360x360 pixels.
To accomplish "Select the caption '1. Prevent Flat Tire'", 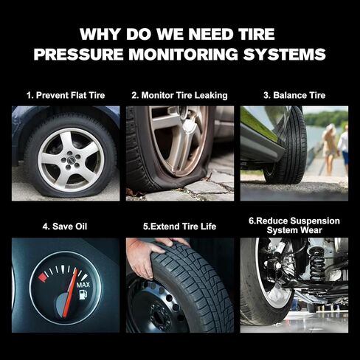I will click(x=65, y=95).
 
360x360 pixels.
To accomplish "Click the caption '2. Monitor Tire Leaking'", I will click(x=179, y=95).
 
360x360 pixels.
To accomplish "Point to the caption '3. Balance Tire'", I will click(x=294, y=95).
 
